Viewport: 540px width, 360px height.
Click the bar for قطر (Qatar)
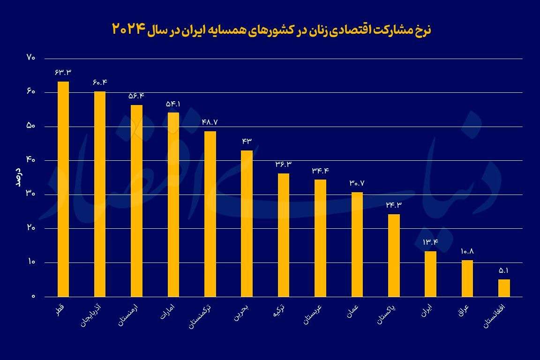63,189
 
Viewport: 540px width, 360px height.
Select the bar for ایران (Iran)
430,274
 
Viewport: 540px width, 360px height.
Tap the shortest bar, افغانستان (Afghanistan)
504,288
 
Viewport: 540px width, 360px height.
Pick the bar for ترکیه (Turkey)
284,235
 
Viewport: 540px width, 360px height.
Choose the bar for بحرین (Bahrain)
247,223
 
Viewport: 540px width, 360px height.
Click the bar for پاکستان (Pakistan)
394,255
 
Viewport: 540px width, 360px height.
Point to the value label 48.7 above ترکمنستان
210,122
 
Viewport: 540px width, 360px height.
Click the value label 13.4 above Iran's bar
430,242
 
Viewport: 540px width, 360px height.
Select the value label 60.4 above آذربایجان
100,82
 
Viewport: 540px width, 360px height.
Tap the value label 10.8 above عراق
467,251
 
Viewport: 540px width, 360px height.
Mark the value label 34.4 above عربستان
320,171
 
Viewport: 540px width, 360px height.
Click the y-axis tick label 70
31,58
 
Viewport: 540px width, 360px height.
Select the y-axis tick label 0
33,297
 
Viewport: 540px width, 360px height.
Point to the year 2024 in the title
127,29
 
